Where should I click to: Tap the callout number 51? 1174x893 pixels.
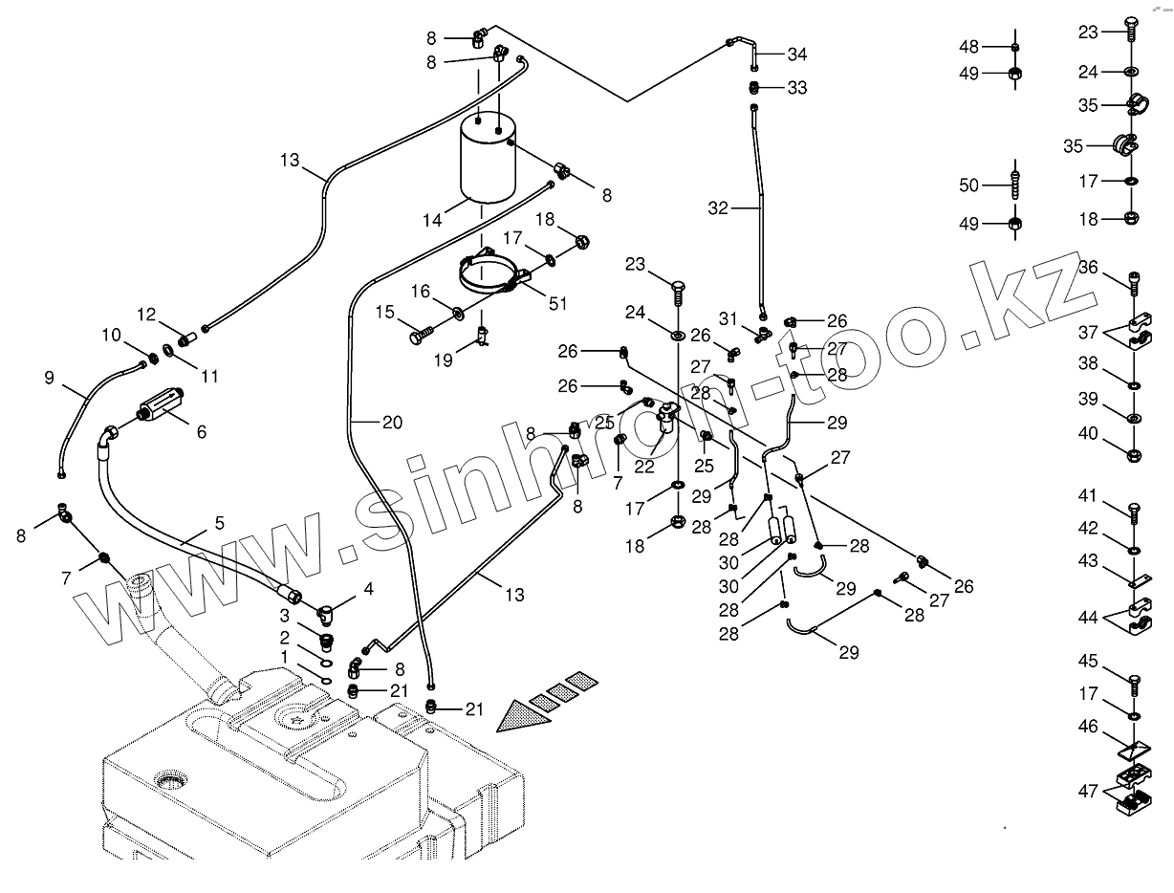click(x=557, y=304)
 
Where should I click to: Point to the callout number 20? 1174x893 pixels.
click(x=392, y=422)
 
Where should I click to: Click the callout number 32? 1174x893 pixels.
click(x=718, y=207)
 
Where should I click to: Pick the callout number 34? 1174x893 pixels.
click(x=797, y=54)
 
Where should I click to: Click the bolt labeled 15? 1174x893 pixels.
click(x=422, y=336)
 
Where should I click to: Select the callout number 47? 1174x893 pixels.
click(x=1088, y=792)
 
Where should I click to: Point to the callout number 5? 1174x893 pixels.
click(x=219, y=523)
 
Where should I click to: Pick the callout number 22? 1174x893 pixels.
click(x=644, y=466)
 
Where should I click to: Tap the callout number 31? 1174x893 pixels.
click(x=729, y=318)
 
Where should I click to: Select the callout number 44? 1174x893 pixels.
click(x=1088, y=618)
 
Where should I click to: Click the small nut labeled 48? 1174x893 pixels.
click(x=1015, y=47)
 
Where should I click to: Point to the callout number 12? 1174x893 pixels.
click(x=145, y=314)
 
